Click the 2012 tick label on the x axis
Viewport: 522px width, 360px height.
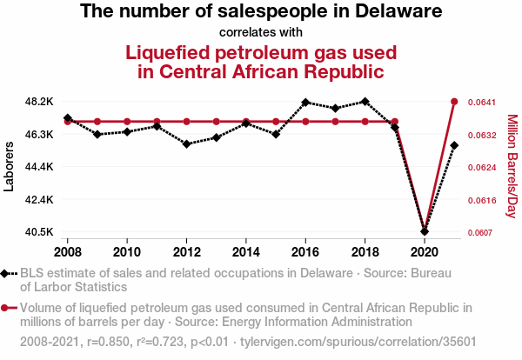point(186,252)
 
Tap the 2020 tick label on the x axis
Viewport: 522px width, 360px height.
point(424,252)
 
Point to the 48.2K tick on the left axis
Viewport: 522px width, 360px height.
point(40,102)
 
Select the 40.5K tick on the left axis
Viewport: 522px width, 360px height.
point(40,232)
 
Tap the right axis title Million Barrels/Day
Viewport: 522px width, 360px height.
point(512,166)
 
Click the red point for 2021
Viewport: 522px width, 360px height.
point(454,102)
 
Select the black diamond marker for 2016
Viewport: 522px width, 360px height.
point(305,102)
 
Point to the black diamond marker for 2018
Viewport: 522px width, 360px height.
point(365,102)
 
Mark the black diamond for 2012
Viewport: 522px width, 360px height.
point(186,143)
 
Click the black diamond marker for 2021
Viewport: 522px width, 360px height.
point(454,145)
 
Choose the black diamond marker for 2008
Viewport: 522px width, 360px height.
point(68,117)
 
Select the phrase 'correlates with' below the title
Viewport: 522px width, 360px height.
point(261,33)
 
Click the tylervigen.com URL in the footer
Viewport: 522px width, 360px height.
point(375,342)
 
